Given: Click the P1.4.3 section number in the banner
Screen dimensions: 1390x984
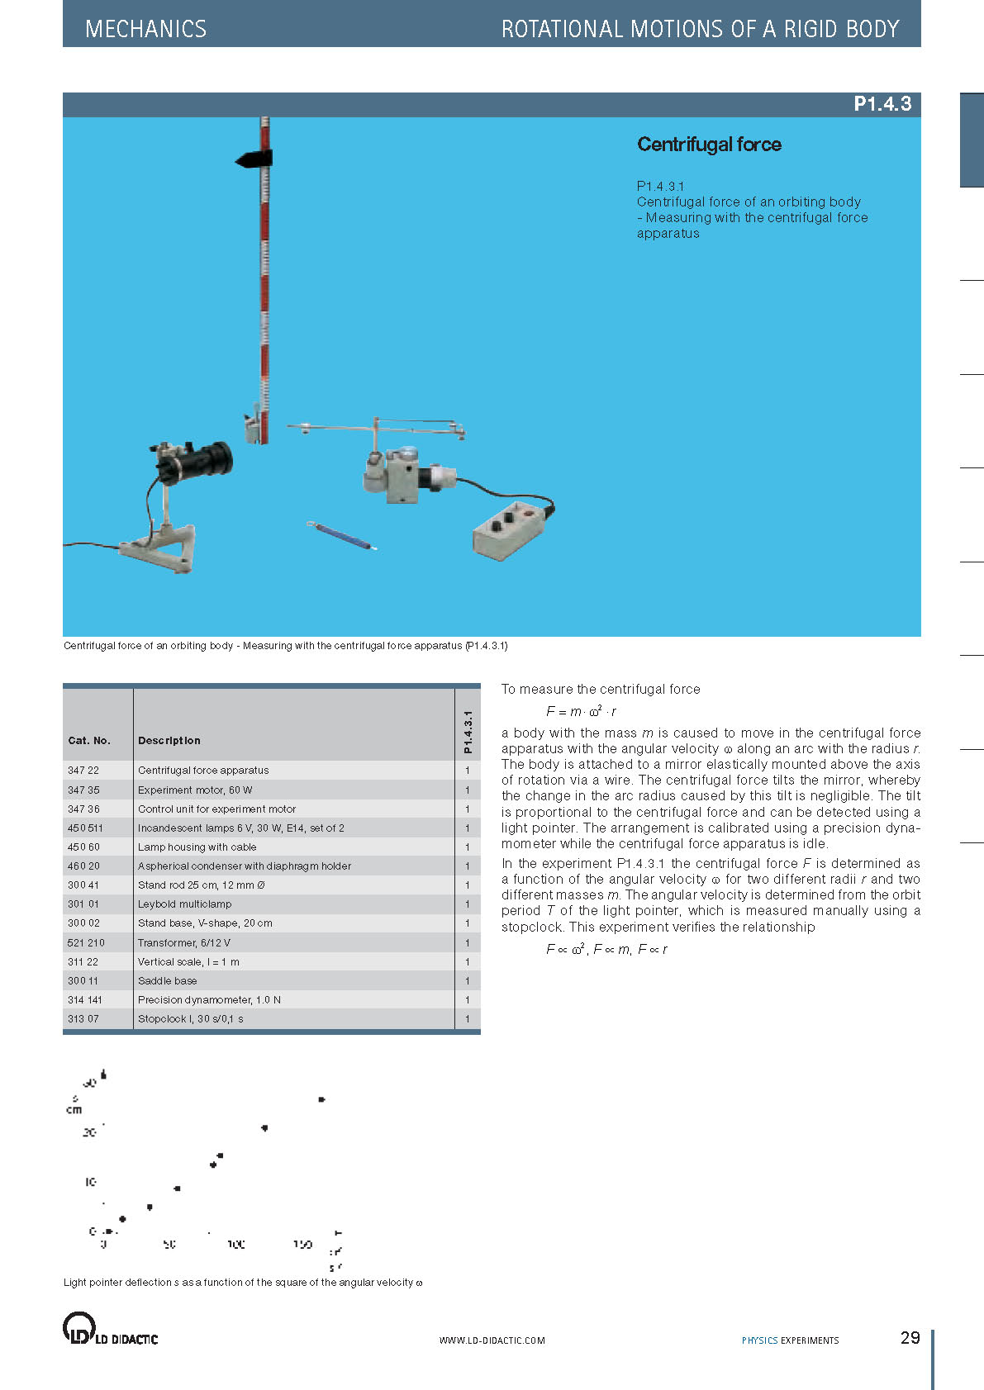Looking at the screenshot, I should click(882, 104).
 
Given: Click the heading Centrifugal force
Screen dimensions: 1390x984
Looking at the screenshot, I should click(709, 145).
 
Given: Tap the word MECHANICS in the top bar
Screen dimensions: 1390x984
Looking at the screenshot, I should click(146, 30).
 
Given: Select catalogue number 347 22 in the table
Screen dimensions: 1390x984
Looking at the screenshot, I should click(83, 771).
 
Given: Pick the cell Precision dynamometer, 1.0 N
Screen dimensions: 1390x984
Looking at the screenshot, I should click(209, 1000).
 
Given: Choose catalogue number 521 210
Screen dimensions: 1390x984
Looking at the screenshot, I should click(86, 943).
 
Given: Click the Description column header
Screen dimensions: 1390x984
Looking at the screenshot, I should click(169, 741).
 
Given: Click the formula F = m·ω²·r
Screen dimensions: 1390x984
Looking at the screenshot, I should click(581, 711).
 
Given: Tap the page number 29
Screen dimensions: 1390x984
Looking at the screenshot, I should click(910, 1338).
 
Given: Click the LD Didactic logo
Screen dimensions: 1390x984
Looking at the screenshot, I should click(110, 1329).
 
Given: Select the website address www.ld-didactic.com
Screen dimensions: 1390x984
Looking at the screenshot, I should click(492, 1340).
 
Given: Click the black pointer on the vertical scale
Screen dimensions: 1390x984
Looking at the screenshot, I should click(254, 159).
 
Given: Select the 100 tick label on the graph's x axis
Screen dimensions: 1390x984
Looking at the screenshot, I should click(235, 1245).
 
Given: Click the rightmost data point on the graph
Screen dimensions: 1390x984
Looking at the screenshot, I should click(321, 1100).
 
